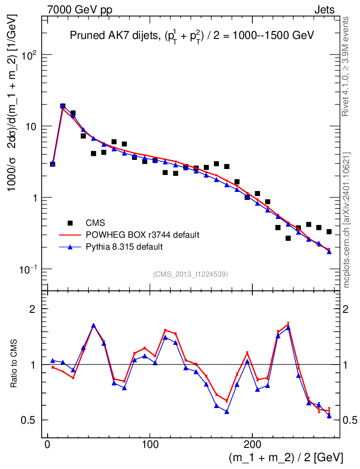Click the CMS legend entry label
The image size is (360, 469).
click(x=95, y=223)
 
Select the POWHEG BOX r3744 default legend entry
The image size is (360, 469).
click(x=142, y=235)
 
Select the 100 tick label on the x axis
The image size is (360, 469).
click(x=150, y=444)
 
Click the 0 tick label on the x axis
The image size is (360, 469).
click(x=48, y=444)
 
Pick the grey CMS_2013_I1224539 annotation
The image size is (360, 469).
click(x=191, y=274)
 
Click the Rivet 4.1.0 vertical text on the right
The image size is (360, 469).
click(x=346, y=66)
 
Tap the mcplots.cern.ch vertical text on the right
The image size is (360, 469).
click(x=346, y=220)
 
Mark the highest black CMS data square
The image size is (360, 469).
click(x=63, y=106)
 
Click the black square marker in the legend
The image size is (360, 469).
click(x=70, y=223)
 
